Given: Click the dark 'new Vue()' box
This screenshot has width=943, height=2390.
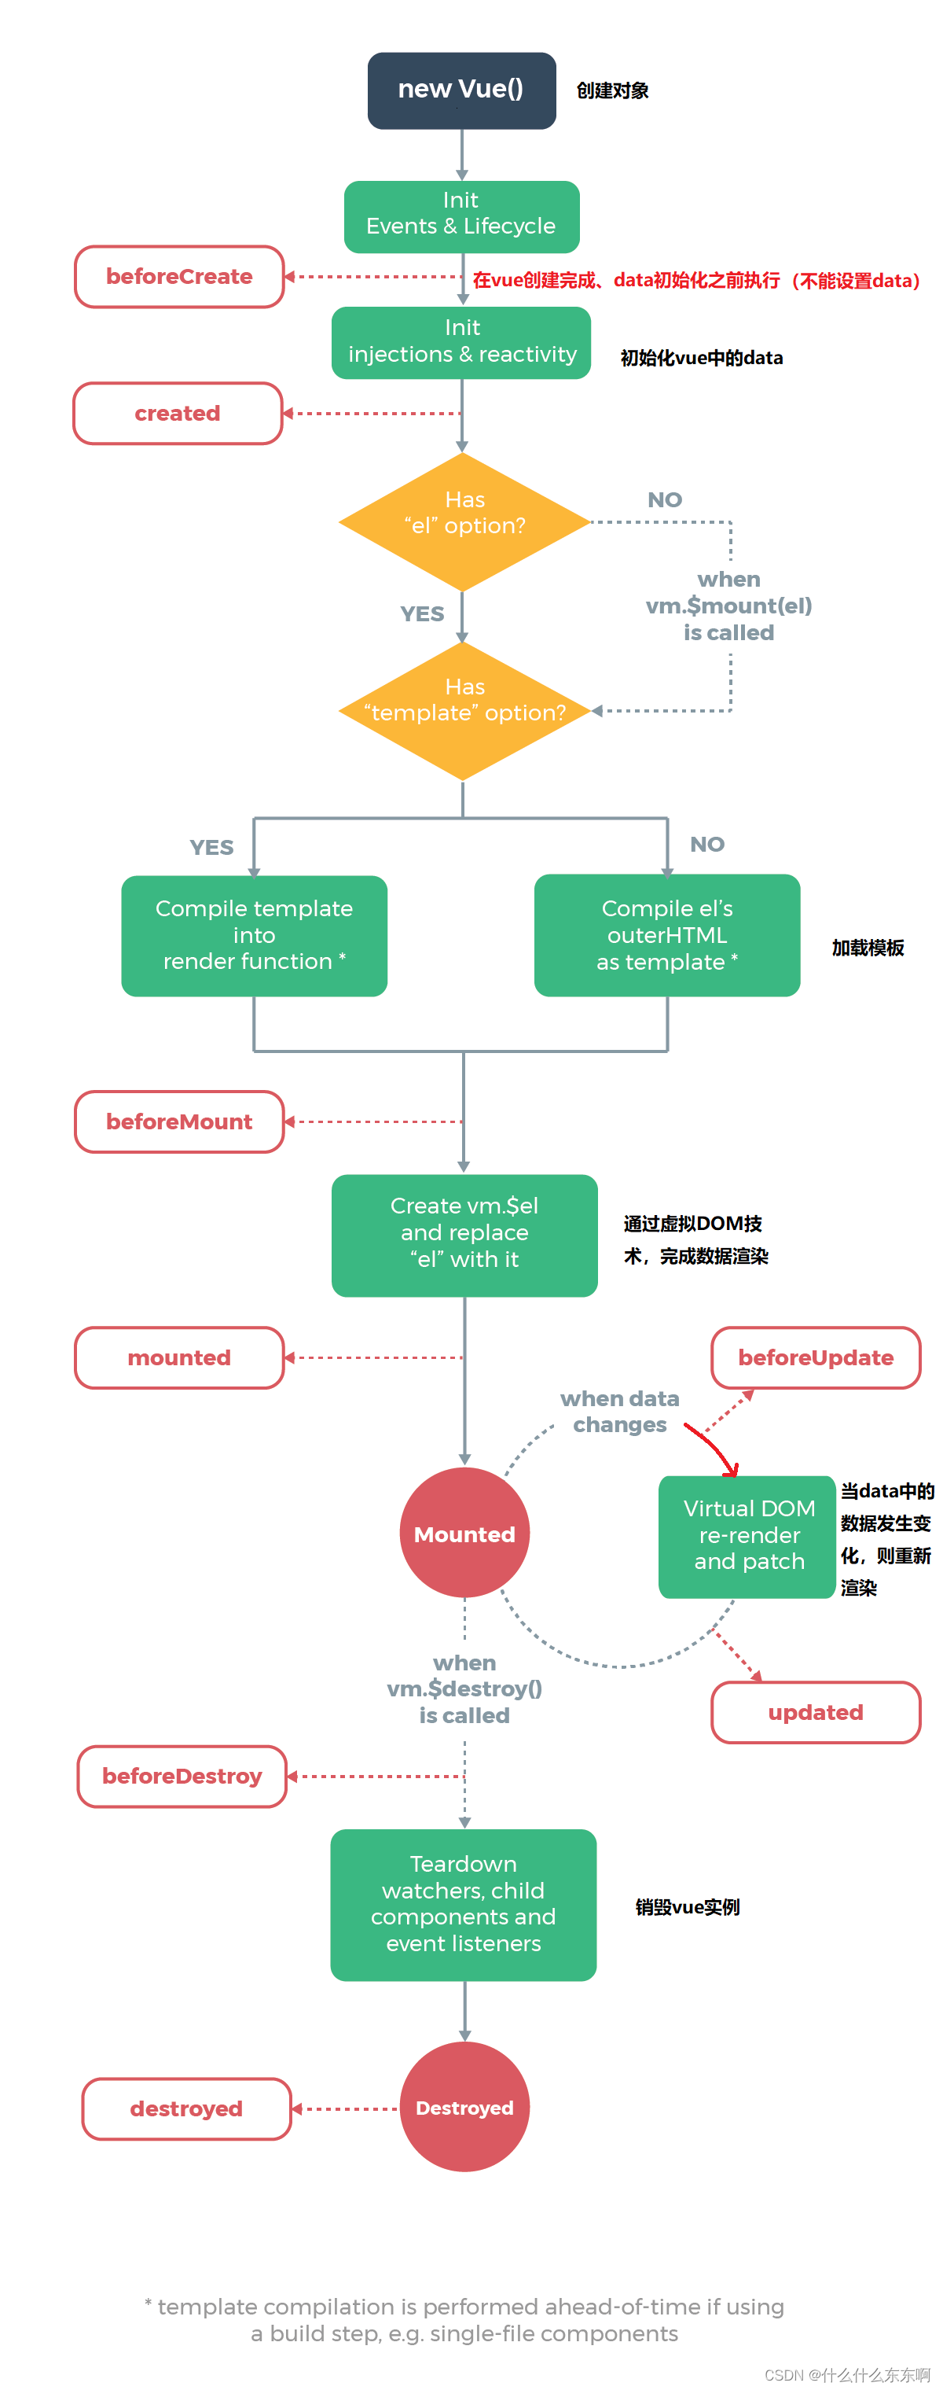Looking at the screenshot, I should click(x=460, y=90).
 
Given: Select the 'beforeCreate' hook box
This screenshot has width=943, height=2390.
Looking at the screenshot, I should click(x=179, y=277).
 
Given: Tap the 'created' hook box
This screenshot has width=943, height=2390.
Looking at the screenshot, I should click(x=177, y=413).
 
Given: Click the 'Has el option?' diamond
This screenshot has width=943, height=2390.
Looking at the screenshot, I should click(x=464, y=521).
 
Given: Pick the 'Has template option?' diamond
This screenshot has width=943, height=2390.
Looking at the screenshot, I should click(x=464, y=711).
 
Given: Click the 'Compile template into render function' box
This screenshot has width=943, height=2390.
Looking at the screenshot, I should click(x=254, y=935).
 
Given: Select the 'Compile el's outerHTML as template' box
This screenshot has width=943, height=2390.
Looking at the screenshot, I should click(x=666, y=935).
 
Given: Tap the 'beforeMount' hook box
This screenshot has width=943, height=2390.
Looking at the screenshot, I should click(x=179, y=1121).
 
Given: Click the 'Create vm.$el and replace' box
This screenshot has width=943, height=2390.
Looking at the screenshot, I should click(x=464, y=1235).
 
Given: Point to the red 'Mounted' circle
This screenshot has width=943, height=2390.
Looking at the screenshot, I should click(x=464, y=1533).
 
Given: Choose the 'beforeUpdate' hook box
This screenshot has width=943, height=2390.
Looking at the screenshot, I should click(x=815, y=1357).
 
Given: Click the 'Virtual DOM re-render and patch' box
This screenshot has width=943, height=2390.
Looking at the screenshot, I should click(x=747, y=1535).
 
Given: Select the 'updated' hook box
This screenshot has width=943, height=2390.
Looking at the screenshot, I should click(x=815, y=1712).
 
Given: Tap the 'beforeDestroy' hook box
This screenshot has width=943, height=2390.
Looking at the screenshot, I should click(x=182, y=1776).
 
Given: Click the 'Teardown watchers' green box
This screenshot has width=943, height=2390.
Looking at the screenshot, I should click(x=463, y=1904).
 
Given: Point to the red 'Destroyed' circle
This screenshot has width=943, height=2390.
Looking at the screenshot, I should click(x=464, y=2107).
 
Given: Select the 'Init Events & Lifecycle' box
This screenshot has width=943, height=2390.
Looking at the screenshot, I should click(x=460, y=216).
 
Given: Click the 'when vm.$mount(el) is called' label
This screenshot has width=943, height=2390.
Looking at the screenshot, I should click(x=728, y=606).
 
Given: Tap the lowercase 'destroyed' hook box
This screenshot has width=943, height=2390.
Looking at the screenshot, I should click(x=186, y=2109).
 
